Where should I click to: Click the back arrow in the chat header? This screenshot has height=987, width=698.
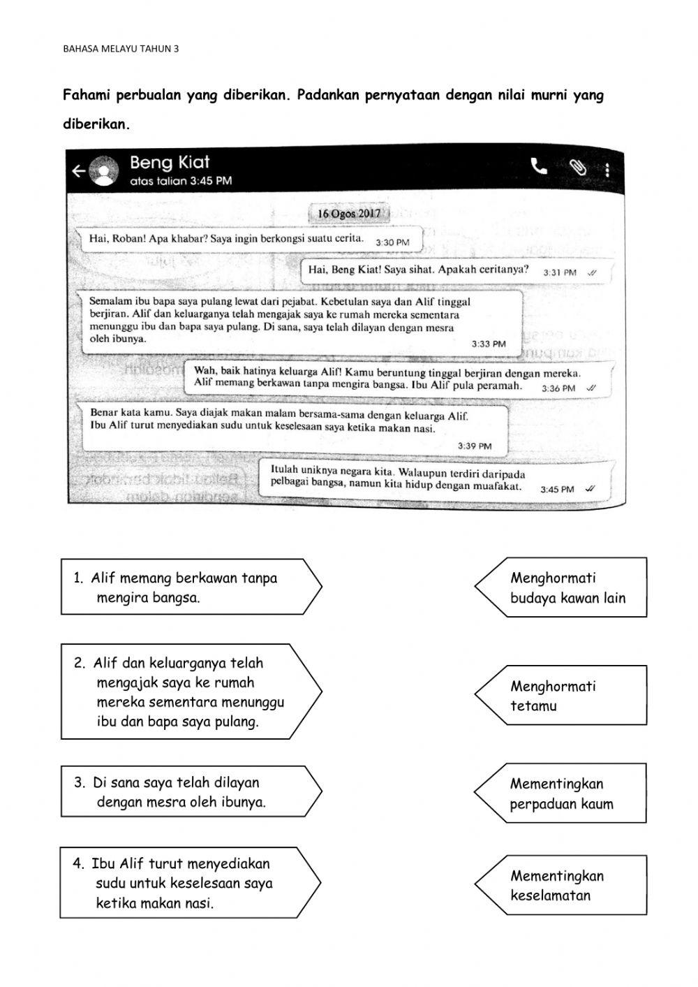[x=79, y=171]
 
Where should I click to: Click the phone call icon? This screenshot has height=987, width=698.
[x=539, y=166]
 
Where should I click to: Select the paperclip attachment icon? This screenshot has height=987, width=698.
[x=577, y=168]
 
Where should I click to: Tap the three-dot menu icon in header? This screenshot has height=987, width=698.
[x=607, y=170]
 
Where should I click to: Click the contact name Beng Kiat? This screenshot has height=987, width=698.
[x=170, y=163]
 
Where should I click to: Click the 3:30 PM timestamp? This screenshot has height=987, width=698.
[x=392, y=242]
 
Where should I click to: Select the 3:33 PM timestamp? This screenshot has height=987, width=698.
[x=488, y=344]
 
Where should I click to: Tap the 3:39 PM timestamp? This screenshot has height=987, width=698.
[x=475, y=446]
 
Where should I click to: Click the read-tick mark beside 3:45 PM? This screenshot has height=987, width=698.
[x=591, y=489]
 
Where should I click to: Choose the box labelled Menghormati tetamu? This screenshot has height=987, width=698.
[x=562, y=696]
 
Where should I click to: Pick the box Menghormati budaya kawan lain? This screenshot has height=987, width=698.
[x=562, y=587]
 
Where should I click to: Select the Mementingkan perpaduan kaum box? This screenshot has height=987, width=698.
[x=562, y=794]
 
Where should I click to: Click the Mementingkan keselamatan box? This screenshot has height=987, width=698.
[x=562, y=885]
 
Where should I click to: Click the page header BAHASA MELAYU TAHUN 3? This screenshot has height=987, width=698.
[x=120, y=49]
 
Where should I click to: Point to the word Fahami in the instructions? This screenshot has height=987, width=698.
[x=87, y=95]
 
